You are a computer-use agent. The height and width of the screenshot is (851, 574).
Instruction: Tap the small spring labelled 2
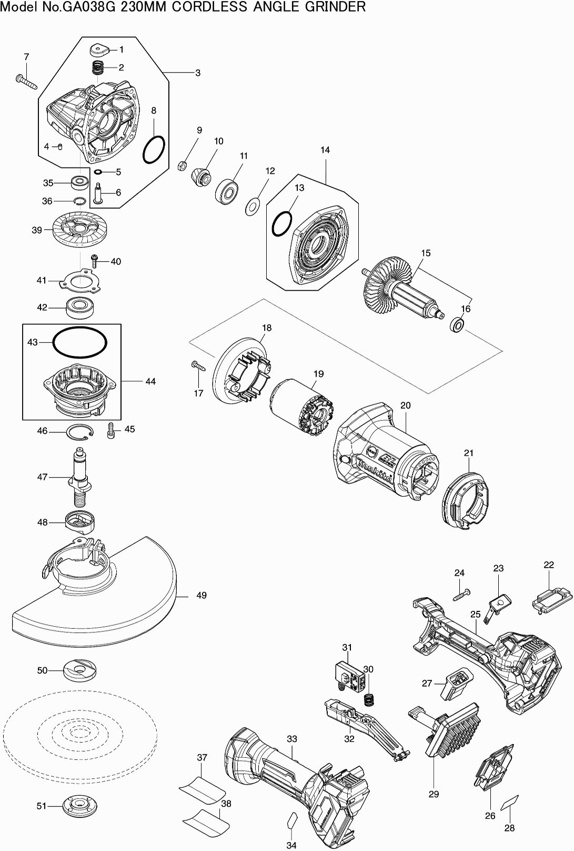click(x=98, y=67)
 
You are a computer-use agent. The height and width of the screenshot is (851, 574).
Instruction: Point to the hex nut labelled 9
click(x=180, y=165)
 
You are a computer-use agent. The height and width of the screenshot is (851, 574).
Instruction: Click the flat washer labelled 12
click(x=255, y=206)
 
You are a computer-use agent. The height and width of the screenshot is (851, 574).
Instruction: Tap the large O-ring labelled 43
click(x=79, y=343)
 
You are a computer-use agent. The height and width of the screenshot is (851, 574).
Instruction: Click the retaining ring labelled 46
click(x=79, y=432)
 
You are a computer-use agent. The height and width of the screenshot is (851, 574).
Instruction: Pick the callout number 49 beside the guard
click(x=202, y=596)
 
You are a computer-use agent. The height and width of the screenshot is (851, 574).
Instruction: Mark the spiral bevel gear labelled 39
click(x=79, y=230)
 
